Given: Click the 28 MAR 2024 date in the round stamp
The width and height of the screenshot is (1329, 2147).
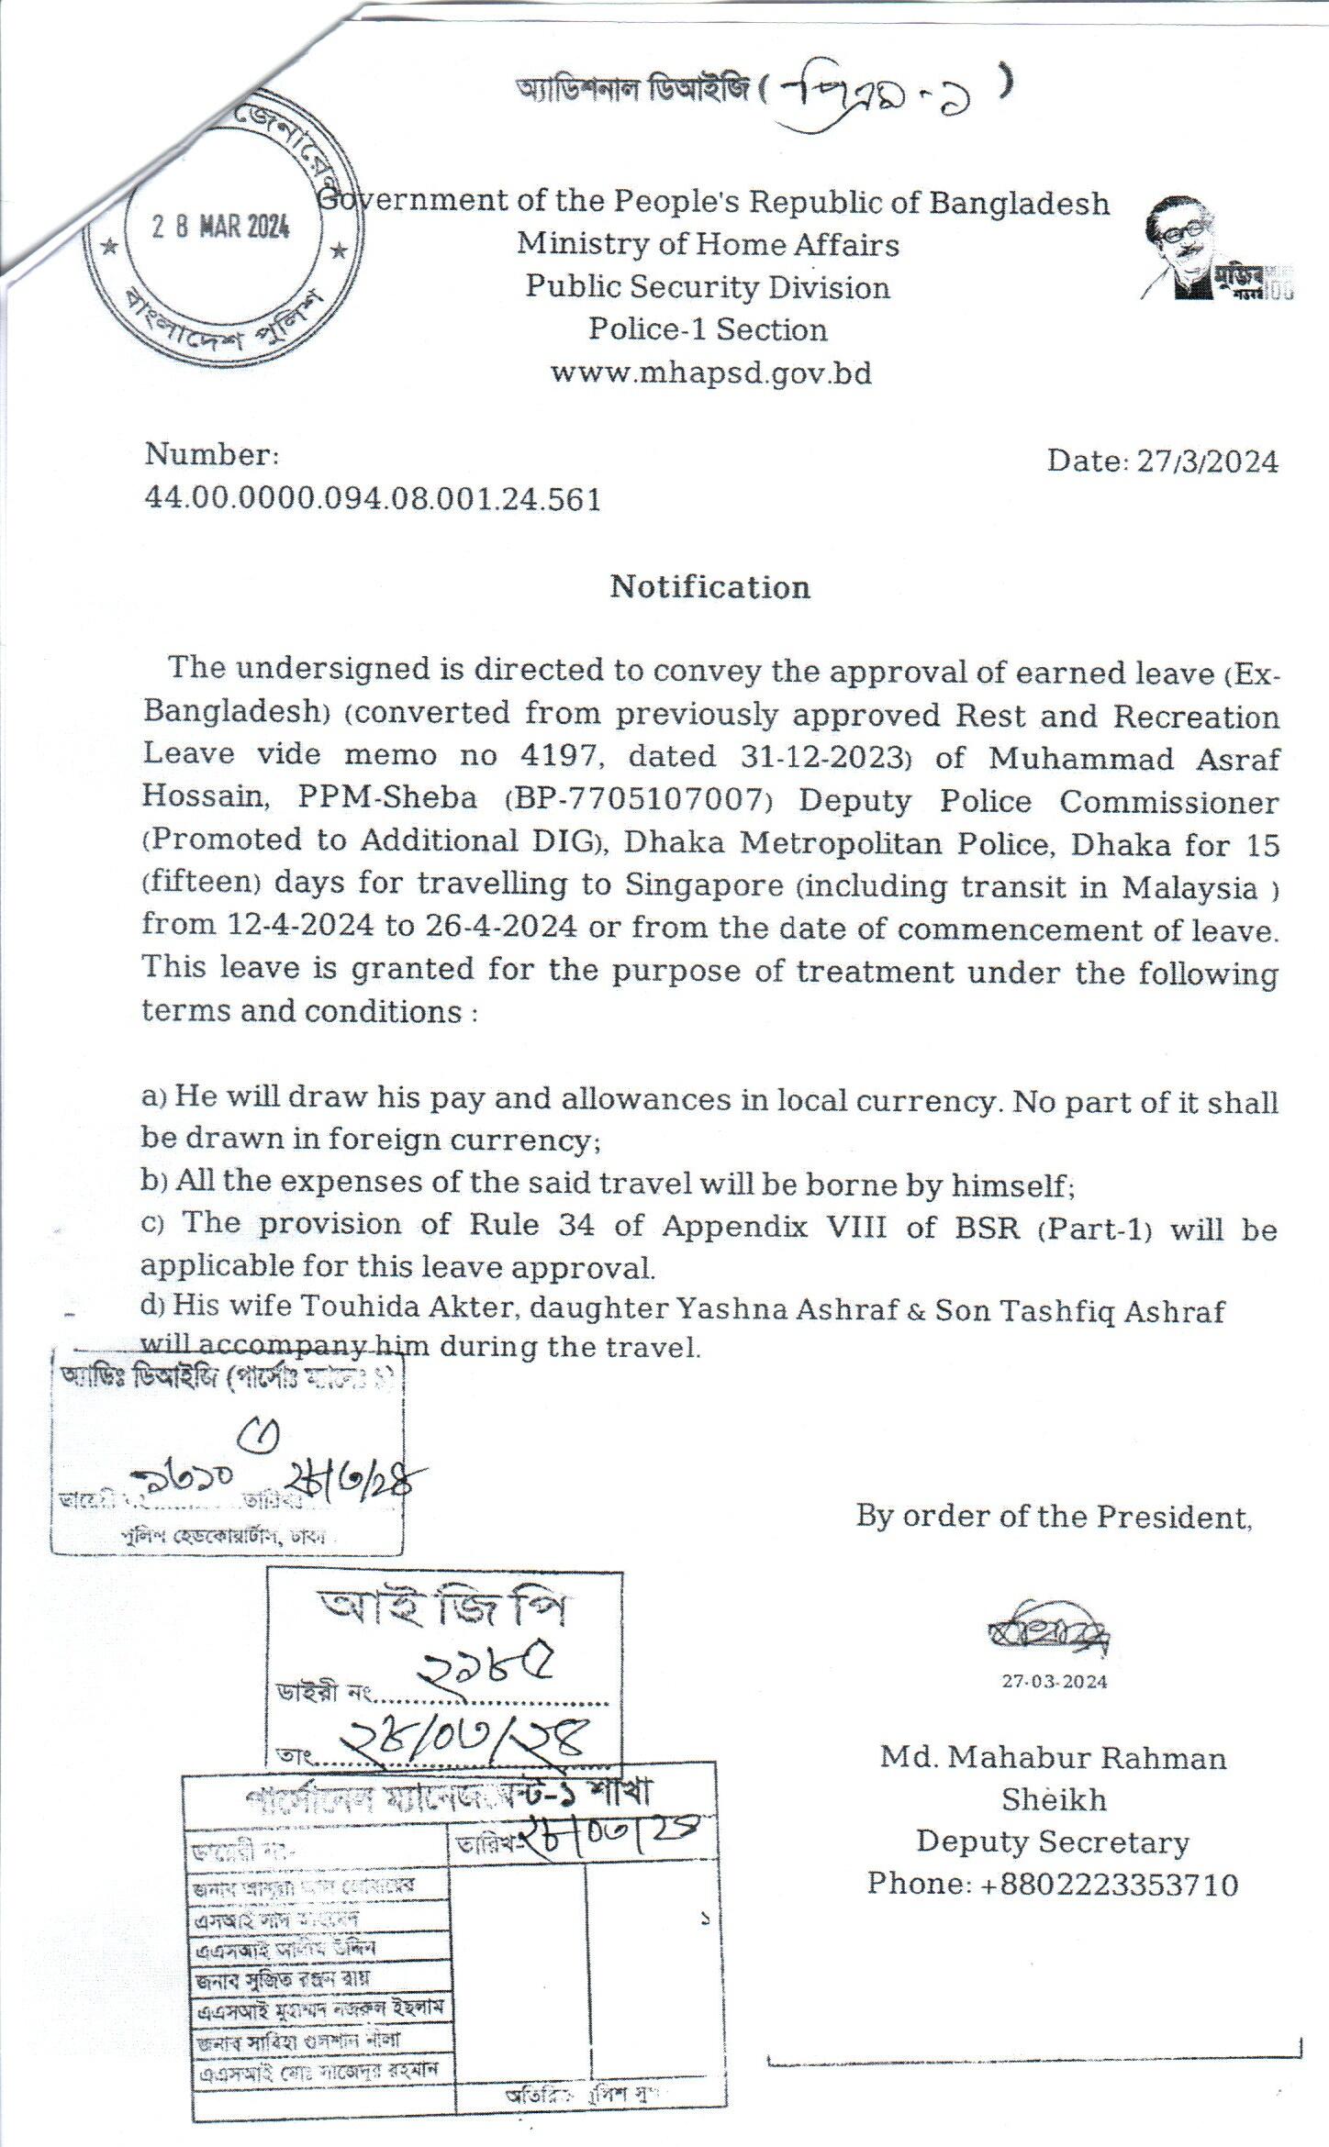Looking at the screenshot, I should (221, 226).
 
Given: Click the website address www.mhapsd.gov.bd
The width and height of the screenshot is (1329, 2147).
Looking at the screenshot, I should (710, 373).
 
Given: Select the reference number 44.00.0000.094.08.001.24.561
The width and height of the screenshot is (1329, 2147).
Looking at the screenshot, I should (373, 499).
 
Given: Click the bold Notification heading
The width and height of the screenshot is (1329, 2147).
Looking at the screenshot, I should (710, 587).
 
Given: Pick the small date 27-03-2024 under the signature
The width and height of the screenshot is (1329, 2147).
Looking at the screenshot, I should (1054, 1681).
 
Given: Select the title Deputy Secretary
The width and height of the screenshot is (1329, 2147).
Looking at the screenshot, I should (1053, 1841).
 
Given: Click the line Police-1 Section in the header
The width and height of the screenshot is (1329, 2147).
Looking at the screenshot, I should (708, 329).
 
